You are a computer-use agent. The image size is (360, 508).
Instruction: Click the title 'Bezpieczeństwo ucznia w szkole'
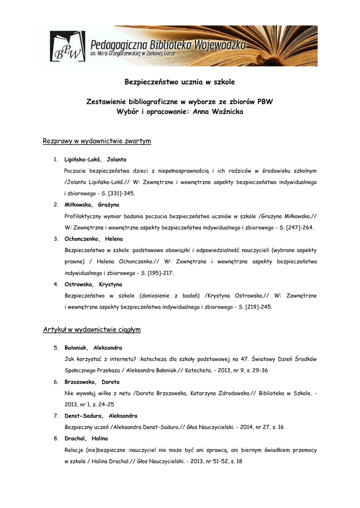(x=179, y=82)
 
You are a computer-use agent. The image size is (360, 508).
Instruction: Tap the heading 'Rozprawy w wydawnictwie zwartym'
(x=97, y=141)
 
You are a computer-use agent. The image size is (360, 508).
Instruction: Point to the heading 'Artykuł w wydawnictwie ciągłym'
(x=92, y=329)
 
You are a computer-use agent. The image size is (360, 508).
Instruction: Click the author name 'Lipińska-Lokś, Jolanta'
(x=95, y=159)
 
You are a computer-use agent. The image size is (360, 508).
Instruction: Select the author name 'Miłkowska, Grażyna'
(x=92, y=204)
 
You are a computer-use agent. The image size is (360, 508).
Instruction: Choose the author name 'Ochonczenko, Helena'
(x=93, y=239)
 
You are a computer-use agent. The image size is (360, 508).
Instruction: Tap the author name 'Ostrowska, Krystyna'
(x=93, y=284)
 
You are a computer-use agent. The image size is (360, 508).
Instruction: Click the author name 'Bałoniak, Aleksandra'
(x=93, y=348)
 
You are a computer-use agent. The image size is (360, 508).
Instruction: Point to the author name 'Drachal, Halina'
(x=86, y=439)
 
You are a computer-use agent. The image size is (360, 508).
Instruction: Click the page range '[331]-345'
(x=121, y=193)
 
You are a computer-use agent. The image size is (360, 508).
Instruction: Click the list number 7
(x=56, y=416)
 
